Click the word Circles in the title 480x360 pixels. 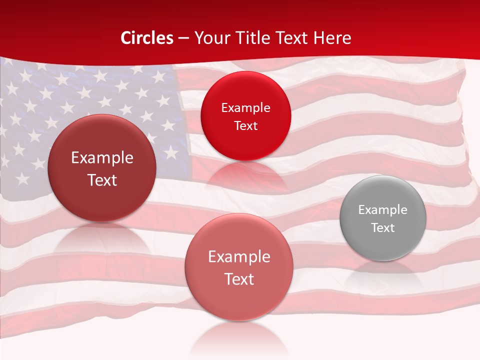[x=147, y=38]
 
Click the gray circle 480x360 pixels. [x=383, y=218]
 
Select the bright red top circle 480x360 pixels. [x=245, y=116]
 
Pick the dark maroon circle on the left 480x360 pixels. [x=102, y=168]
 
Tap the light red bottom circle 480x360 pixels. [x=239, y=267]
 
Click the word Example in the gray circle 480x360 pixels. [x=383, y=210]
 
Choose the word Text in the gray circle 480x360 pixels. [x=383, y=227]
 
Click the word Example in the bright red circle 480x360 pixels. [x=245, y=108]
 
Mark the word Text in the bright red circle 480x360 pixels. [x=245, y=125]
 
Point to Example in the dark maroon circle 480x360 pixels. [x=102, y=158]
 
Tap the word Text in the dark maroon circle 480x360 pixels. [x=102, y=180]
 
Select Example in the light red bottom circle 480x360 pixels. [x=239, y=257]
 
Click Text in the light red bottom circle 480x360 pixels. [x=239, y=279]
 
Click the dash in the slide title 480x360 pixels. [x=183, y=38]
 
